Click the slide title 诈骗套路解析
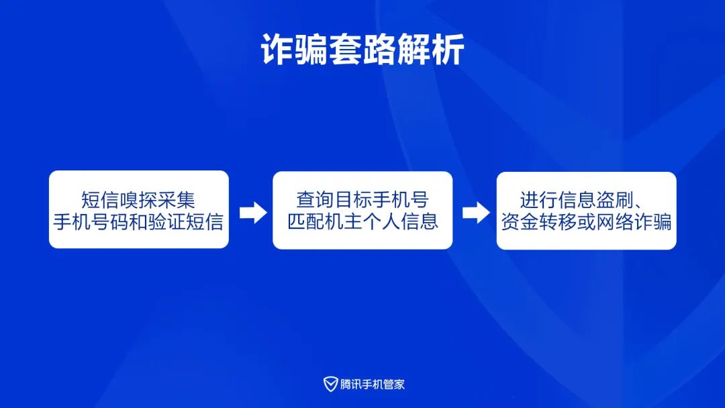coord(362,50)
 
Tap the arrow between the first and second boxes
coord(253,212)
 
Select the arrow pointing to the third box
coord(476,213)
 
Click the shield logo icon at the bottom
coord(330,384)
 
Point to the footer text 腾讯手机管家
coord(372,385)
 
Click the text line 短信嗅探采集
coord(138,200)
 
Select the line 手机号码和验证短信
coord(138,222)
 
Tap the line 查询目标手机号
coord(362,199)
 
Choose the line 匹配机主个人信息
coord(362,222)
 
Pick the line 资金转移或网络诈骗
coord(586,222)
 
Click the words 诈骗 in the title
coord(295,50)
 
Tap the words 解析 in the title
coord(431,50)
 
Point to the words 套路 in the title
coord(362,50)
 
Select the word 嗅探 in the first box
coord(138,200)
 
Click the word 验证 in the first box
coord(166,222)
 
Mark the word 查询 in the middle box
coord(316,199)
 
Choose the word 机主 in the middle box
coord(344,222)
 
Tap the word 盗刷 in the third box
coord(614,200)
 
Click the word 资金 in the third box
coord(520,222)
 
